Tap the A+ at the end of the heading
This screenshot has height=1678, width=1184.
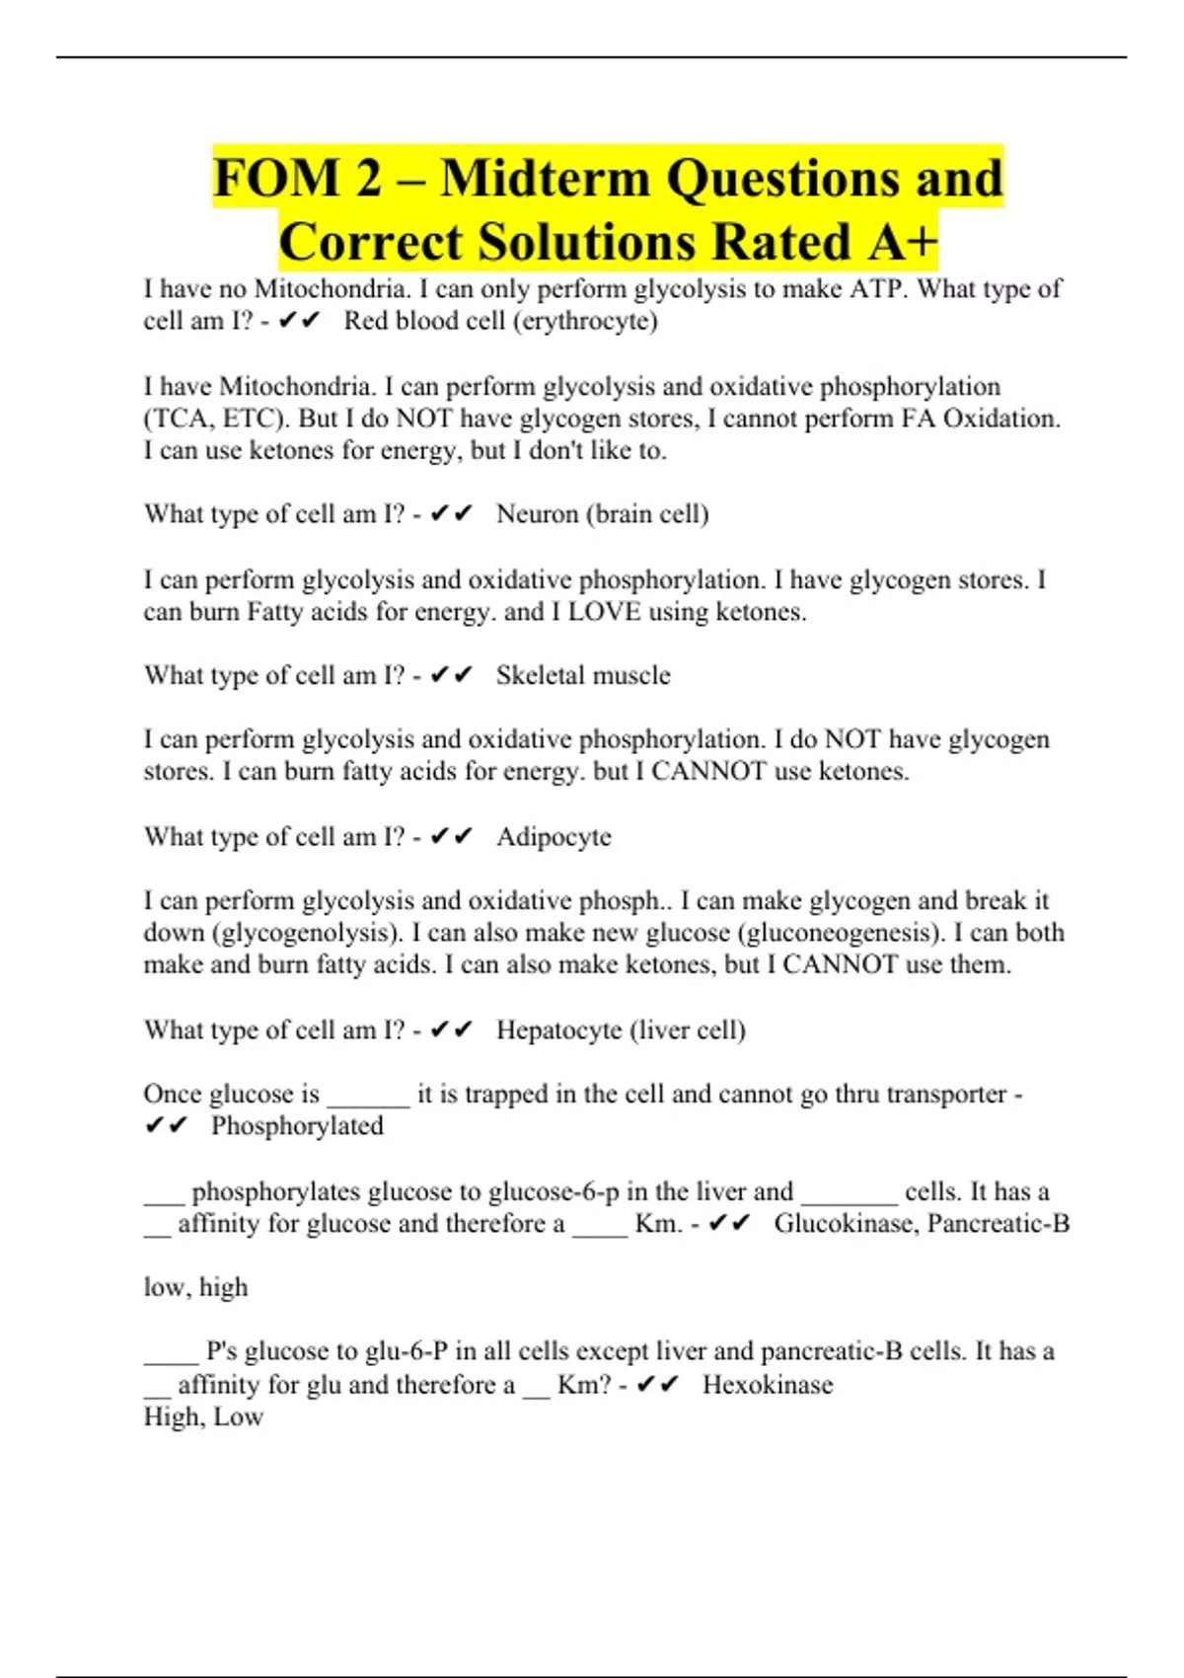[900, 243]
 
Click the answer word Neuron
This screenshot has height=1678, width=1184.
[537, 514]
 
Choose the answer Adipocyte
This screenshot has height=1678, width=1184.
[554, 837]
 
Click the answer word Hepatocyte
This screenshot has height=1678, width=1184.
[558, 1030]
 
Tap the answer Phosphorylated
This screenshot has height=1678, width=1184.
[297, 1126]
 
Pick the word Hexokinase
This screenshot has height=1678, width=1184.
[768, 1385]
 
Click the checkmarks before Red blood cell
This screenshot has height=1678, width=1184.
[300, 321]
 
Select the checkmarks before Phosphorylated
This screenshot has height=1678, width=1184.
[166, 1126]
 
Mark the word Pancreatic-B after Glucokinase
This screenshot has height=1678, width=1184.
[999, 1224]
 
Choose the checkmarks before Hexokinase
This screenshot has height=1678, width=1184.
[658, 1385]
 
